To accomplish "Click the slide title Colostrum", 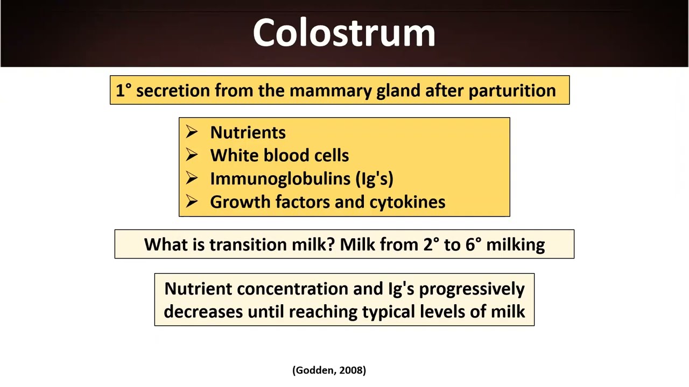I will pyautogui.click(x=344, y=33).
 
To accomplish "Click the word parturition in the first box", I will pyautogui.click(x=512, y=91).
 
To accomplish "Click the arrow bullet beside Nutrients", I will pyautogui.click(x=192, y=132).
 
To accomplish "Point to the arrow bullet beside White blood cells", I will pyautogui.click(x=192, y=155).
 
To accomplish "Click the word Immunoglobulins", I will pyautogui.click(x=280, y=179).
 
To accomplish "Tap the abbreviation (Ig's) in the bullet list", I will pyautogui.click(x=375, y=179).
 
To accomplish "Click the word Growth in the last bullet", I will pyautogui.click(x=240, y=202).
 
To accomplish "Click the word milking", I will pyautogui.click(x=515, y=245).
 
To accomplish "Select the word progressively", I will pyautogui.click(x=472, y=289).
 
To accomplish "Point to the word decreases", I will pyautogui.click(x=203, y=312).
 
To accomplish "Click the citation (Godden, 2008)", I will pyautogui.click(x=329, y=370).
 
